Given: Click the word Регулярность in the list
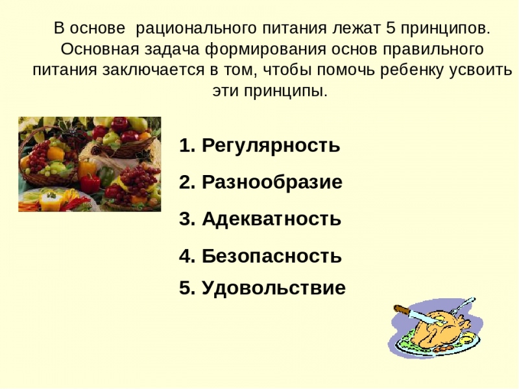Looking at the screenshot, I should (x=271, y=146).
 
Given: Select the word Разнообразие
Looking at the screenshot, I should (x=272, y=182).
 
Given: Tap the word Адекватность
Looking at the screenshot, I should (x=271, y=219).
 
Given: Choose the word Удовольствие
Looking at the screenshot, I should (x=273, y=288).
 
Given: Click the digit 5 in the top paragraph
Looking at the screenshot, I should (x=389, y=29).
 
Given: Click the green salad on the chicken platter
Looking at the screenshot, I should (x=405, y=338).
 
